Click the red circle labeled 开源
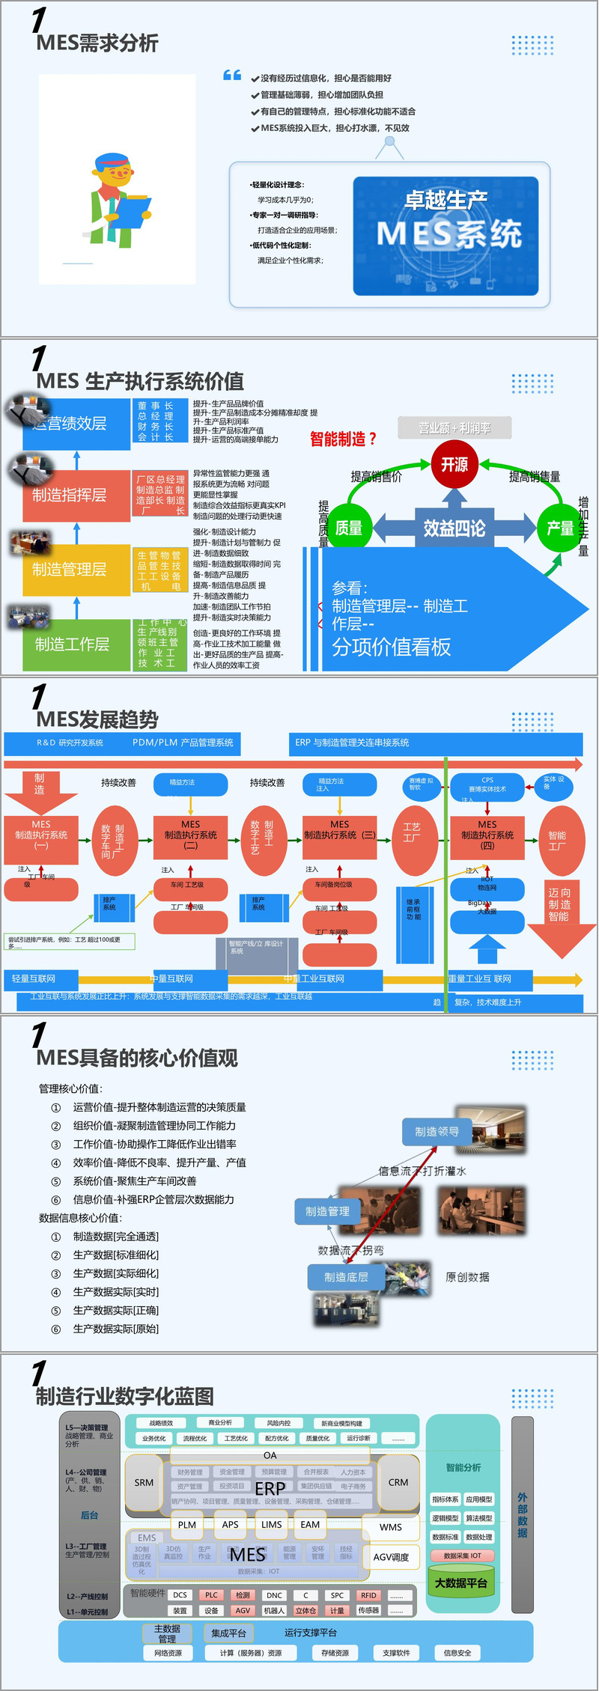454,465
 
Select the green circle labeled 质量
349,528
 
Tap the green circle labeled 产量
560,528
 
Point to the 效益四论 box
454,528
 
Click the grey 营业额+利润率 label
454,428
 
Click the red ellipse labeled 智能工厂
557,841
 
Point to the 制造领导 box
437,1132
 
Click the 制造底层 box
347,1277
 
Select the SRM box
144,1482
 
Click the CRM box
398,1482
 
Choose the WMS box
391,1527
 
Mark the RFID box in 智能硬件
368,1595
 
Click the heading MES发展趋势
97,720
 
